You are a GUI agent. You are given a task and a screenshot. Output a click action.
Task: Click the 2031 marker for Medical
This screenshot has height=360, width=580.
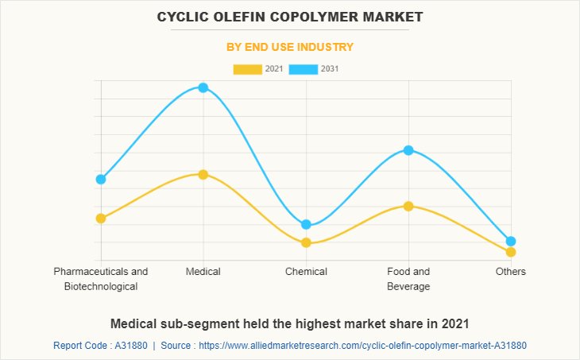(x=203, y=87)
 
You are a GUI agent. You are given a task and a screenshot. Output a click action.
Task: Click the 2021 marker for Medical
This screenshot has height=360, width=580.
(x=203, y=174)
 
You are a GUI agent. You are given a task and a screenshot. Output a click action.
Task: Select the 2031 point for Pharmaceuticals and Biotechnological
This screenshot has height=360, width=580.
(x=101, y=180)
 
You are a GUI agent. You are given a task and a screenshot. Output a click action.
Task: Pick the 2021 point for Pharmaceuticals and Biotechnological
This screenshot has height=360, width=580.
(x=101, y=218)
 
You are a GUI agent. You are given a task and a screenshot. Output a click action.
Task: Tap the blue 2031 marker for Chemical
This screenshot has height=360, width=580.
(x=306, y=225)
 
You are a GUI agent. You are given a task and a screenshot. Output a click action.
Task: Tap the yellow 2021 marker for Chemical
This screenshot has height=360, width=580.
(x=306, y=242)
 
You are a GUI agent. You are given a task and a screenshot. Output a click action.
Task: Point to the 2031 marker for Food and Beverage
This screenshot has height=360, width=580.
(x=408, y=150)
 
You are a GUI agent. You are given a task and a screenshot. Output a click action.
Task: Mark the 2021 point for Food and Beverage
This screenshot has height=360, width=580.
(x=408, y=206)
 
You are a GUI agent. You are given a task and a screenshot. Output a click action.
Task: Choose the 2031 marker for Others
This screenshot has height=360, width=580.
(x=511, y=241)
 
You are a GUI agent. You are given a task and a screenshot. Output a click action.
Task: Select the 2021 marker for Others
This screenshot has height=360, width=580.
(x=511, y=252)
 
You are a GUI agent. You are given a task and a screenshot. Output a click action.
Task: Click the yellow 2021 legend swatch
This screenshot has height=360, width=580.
(x=247, y=69)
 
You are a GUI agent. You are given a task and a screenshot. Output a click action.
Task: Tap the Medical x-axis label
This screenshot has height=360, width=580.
(x=203, y=272)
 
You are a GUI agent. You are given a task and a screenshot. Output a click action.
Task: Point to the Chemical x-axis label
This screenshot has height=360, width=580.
(x=306, y=272)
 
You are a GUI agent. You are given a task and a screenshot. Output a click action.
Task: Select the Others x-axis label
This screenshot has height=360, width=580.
(x=511, y=272)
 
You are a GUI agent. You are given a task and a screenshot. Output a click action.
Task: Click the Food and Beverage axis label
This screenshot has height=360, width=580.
(x=408, y=279)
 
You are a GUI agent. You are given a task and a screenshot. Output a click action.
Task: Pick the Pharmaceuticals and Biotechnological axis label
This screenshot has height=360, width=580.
(x=101, y=279)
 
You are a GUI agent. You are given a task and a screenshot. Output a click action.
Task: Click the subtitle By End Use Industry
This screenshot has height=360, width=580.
(x=290, y=47)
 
